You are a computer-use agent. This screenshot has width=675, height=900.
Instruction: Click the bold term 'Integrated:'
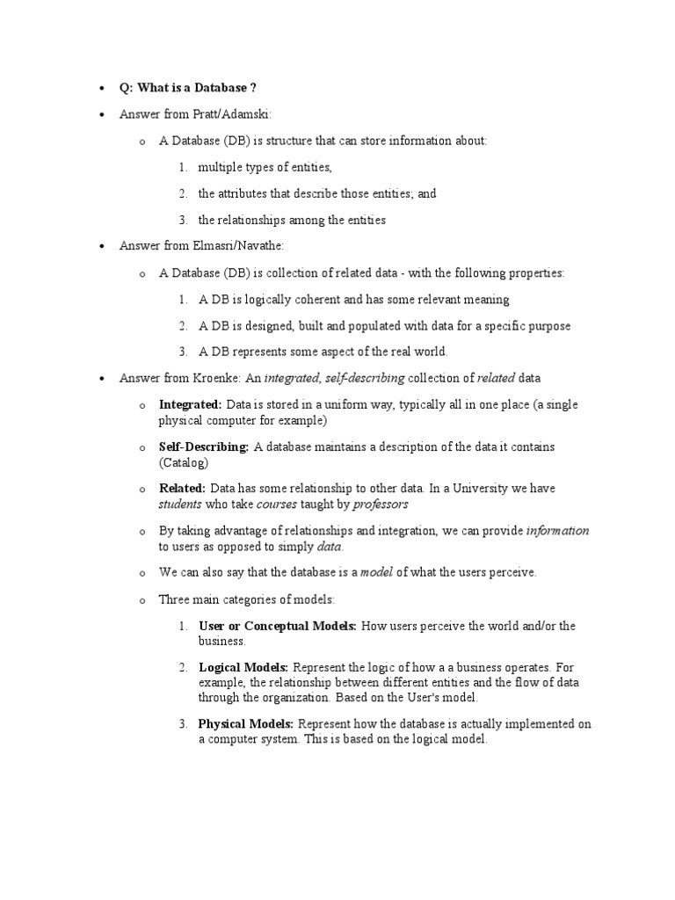click(190, 405)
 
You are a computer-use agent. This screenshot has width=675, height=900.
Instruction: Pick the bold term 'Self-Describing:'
click(204, 447)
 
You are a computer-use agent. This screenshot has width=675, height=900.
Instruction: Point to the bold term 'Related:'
click(182, 489)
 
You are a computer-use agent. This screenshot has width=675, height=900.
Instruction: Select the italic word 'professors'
click(381, 504)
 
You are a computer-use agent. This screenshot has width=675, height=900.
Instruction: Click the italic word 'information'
click(557, 531)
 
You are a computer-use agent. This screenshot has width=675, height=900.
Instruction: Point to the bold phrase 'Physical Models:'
click(246, 724)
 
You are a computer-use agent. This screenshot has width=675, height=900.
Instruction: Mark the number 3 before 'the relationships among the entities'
click(182, 220)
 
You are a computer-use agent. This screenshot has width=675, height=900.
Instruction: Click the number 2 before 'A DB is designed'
click(182, 326)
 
